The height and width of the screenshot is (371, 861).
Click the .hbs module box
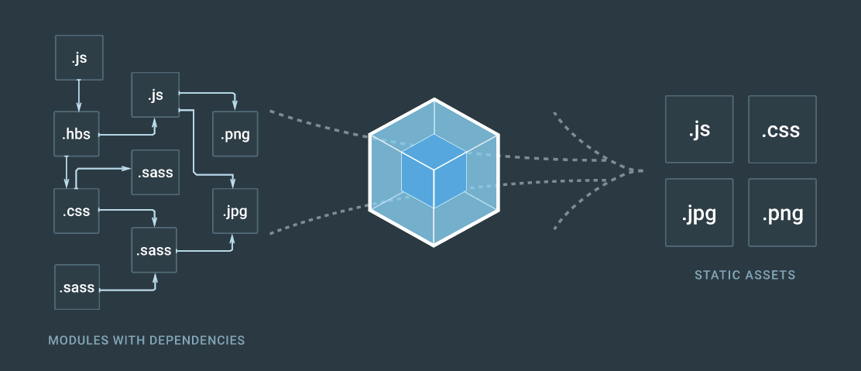[x=77, y=135]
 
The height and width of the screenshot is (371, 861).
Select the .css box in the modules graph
[x=77, y=210]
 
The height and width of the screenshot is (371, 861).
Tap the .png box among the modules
[x=235, y=135]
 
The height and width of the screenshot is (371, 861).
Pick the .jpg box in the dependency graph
[x=235, y=210]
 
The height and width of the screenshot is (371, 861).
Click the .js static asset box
[x=698, y=129]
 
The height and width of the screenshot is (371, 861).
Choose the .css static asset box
[x=782, y=129]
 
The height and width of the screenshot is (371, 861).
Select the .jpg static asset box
[x=698, y=212]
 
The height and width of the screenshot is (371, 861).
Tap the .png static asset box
[x=782, y=212]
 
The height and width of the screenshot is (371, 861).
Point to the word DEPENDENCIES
[x=201, y=340]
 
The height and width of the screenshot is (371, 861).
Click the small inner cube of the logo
[x=434, y=171]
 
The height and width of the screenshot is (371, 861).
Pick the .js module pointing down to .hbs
[x=78, y=57]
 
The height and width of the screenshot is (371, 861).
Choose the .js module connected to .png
[x=156, y=95]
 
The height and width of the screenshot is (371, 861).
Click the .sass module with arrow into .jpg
[x=155, y=250]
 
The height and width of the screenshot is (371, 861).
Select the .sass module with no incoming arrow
[x=77, y=288]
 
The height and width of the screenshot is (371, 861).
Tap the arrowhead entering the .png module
[x=235, y=107]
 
